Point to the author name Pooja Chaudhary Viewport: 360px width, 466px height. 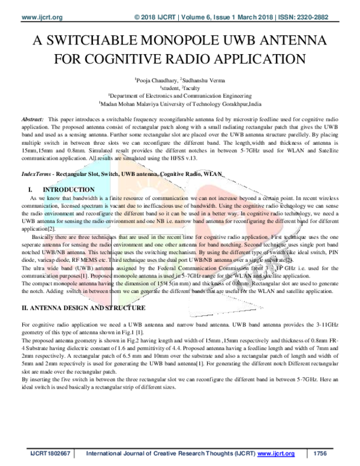click(x=157, y=79)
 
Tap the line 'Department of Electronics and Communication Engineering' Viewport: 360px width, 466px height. click(x=179, y=95)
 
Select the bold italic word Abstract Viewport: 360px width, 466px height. click(x=32, y=120)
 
